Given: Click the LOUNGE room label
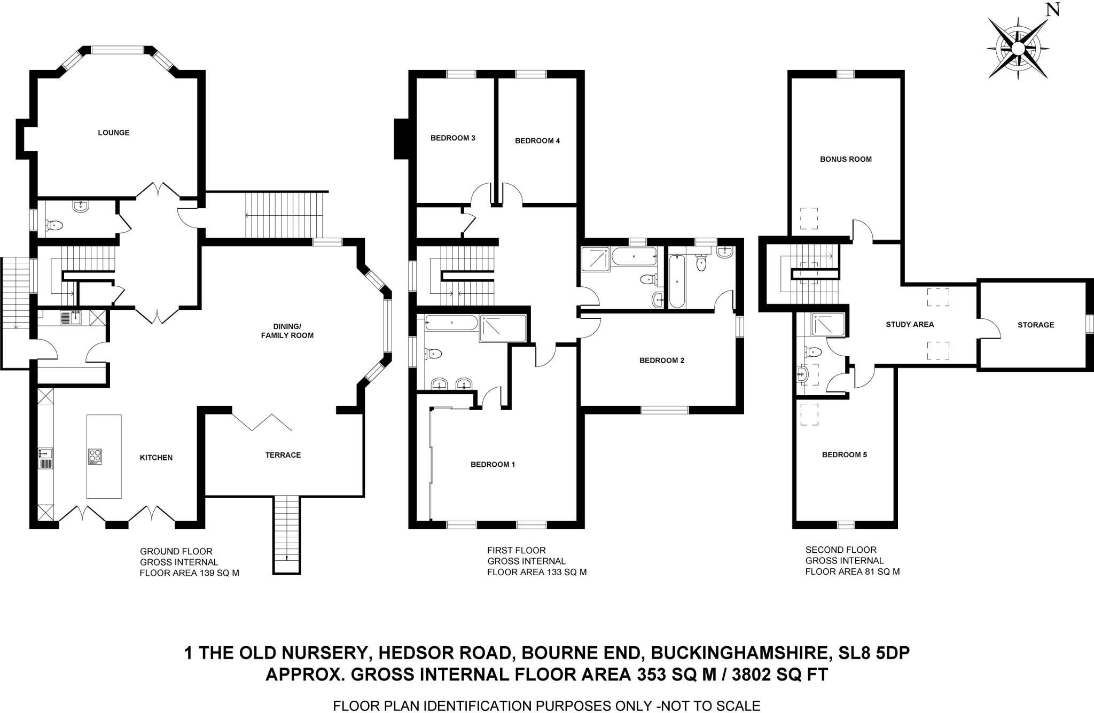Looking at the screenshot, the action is [114, 132].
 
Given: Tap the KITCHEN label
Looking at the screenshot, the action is [156, 458].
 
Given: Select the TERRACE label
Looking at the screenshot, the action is [283, 455].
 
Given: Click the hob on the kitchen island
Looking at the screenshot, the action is [96, 456].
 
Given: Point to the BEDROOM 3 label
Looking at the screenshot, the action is [453, 138].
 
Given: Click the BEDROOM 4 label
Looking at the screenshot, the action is [537, 141].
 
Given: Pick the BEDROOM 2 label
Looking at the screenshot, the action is [662, 361].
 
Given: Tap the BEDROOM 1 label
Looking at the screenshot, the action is [493, 465].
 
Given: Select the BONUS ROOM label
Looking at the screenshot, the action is [846, 159].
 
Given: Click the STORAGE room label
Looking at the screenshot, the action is [1036, 325].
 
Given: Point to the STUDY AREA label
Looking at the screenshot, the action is [910, 324].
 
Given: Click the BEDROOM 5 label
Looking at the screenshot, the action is [845, 455].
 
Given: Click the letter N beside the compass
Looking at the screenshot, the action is [1052, 10].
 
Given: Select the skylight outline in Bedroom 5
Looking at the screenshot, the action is [809, 414].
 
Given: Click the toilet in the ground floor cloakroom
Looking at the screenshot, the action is [54, 226].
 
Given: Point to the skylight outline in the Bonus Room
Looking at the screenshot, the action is [809, 218].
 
